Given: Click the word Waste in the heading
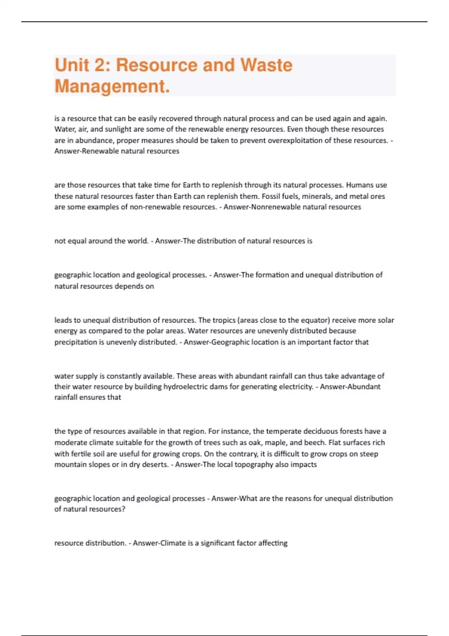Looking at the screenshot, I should tap(266, 65).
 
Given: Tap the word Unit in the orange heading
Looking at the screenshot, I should tap(72, 65).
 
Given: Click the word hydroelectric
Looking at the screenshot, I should tap(189, 386).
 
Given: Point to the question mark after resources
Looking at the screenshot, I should tap(123, 509).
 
